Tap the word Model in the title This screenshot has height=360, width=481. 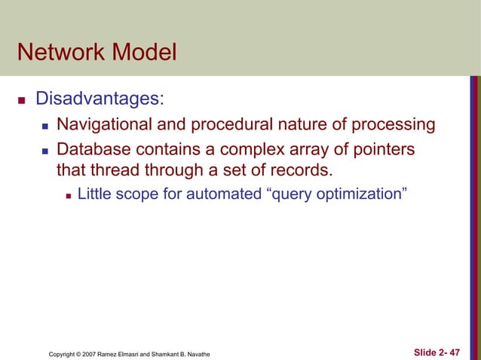point(146,54)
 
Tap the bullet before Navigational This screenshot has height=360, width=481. point(44,125)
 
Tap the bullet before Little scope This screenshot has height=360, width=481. point(69,195)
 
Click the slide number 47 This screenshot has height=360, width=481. point(454,352)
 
